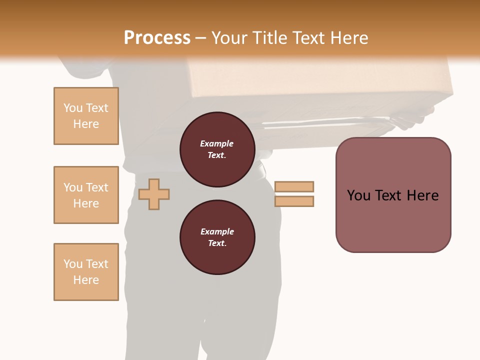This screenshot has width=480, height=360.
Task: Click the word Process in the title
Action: (157, 38)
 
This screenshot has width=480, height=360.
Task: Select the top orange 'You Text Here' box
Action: (86, 116)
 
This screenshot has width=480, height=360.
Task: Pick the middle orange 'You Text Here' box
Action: (86, 195)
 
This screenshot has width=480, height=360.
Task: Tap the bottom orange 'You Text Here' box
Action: (86, 272)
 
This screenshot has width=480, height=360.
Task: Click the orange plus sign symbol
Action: (154, 193)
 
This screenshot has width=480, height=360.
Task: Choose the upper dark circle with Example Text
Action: (217, 149)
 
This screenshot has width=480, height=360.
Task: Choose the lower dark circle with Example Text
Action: (217, 237)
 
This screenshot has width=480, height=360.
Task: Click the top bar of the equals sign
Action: (294, 186)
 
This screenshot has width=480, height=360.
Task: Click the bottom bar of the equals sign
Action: (294, 201)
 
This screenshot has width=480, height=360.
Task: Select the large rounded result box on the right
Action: (393, 195)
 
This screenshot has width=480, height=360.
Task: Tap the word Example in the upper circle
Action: (216, 143)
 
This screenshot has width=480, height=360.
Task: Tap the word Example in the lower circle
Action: (217, 231)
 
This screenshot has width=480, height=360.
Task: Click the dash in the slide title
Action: (200, 38)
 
